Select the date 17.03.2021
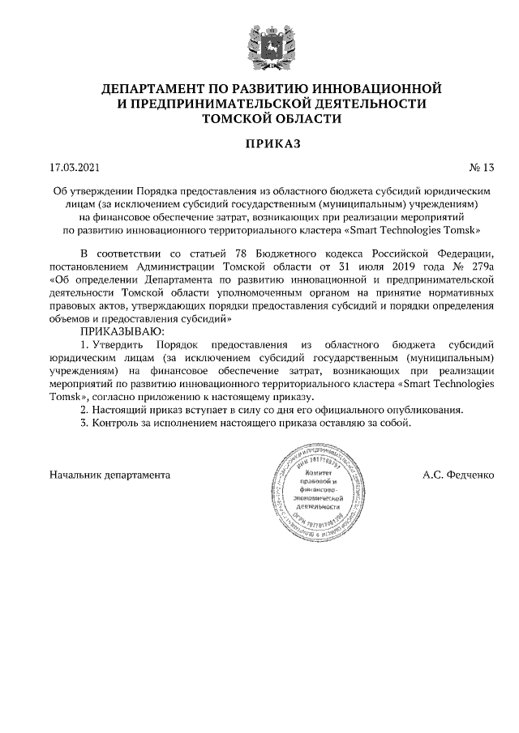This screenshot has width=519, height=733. [x=74, y=168]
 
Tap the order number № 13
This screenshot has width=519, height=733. [x=481, y=168]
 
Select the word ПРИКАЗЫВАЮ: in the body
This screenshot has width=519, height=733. [x=121, y=331]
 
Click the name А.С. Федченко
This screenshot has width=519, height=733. [x=458, y=475]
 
